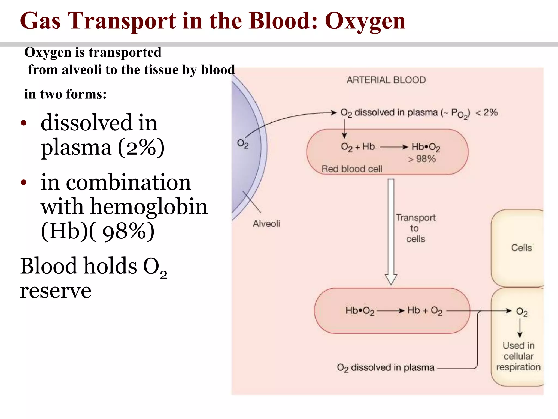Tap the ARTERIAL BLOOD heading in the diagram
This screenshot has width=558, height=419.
[x=386, y=80]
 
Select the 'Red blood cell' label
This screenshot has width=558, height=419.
[x=352, y=169]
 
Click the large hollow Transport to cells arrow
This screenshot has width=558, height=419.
[x=391, y=232]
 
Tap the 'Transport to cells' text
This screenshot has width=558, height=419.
[x=415, y=228]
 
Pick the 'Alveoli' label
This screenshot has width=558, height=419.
[x=266, y=224]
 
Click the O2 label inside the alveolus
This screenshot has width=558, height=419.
[x=242, y=144]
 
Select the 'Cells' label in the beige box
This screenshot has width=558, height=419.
[x=521, y=248]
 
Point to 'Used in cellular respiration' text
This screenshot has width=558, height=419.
[x=518, y=356]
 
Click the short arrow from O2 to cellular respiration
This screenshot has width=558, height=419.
[x=520, y=328]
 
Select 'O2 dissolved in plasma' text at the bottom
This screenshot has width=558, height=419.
[x=385, y=368]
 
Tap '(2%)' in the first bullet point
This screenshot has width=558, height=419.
[x=141, y=147]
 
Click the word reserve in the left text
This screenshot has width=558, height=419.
[x=56, y=291]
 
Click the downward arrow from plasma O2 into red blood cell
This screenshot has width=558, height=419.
[x=344, y=129]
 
